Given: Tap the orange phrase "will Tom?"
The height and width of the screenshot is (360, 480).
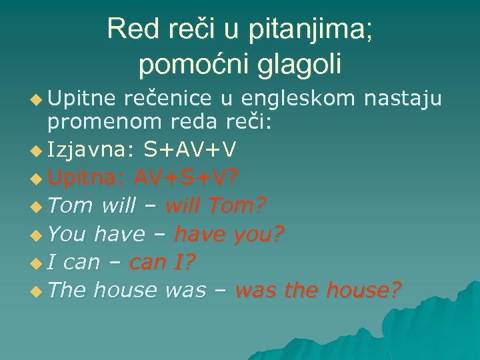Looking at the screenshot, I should (215, 206).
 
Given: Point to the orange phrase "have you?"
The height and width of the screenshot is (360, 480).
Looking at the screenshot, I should (228, 234).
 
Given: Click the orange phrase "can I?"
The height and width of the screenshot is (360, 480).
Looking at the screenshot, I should (162, 262).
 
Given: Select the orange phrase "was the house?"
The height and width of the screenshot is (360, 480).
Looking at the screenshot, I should (318, 290).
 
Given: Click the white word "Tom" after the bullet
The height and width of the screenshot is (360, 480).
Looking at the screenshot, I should (70, 206).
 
